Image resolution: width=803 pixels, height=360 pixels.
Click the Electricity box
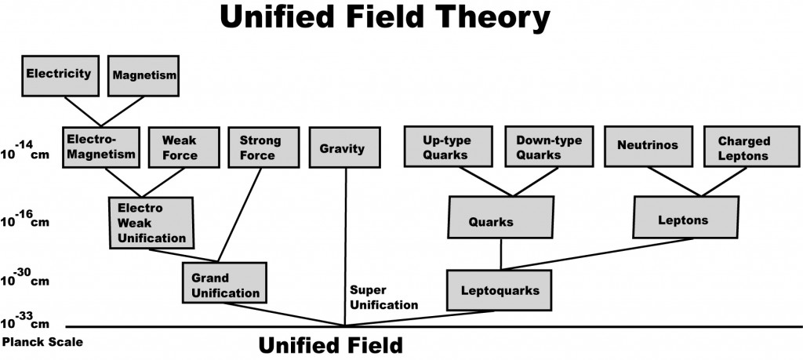click(60, 76)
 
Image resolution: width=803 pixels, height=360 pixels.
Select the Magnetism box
click(144, 76)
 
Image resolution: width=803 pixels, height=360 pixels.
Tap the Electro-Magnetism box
click(101, 147)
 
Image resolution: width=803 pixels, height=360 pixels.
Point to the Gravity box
click(345, 147)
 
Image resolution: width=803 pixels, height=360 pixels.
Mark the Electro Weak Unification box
click(151, 223)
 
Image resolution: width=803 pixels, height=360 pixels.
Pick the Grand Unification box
click(225, 282)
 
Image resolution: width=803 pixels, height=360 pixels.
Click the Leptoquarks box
click(499, 290)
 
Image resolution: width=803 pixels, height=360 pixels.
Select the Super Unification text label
click(384, 297)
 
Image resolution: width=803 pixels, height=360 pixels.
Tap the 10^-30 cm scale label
click(25, 278)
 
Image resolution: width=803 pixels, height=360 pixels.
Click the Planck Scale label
click(42, 342)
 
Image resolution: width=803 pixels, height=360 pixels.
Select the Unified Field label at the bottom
click(330, 346)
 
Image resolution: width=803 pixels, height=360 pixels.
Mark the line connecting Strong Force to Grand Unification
click(240, 215)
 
